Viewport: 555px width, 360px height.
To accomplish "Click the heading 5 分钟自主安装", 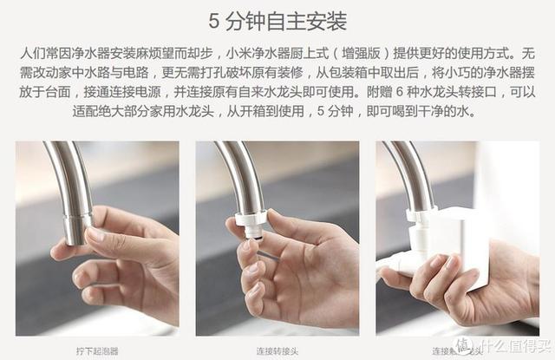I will (x=277, y=19).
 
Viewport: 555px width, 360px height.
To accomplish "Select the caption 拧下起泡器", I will (x=98, y=349).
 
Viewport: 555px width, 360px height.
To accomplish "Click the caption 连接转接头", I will (x=277, y=349).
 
